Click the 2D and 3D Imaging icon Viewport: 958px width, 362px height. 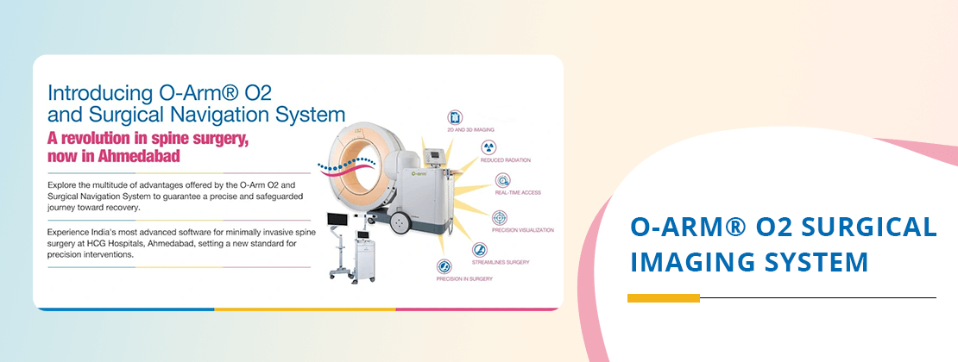455,117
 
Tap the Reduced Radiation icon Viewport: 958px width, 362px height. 488,147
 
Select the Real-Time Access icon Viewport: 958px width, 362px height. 503,180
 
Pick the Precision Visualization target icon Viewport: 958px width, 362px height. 500,217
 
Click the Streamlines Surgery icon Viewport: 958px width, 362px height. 480,250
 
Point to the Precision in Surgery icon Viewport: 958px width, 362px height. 444,266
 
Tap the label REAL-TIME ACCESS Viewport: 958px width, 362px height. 518,192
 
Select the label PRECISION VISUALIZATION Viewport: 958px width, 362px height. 523,230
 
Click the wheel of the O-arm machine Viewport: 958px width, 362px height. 400,222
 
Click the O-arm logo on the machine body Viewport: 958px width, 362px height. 420,173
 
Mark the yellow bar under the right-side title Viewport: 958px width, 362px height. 663,298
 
